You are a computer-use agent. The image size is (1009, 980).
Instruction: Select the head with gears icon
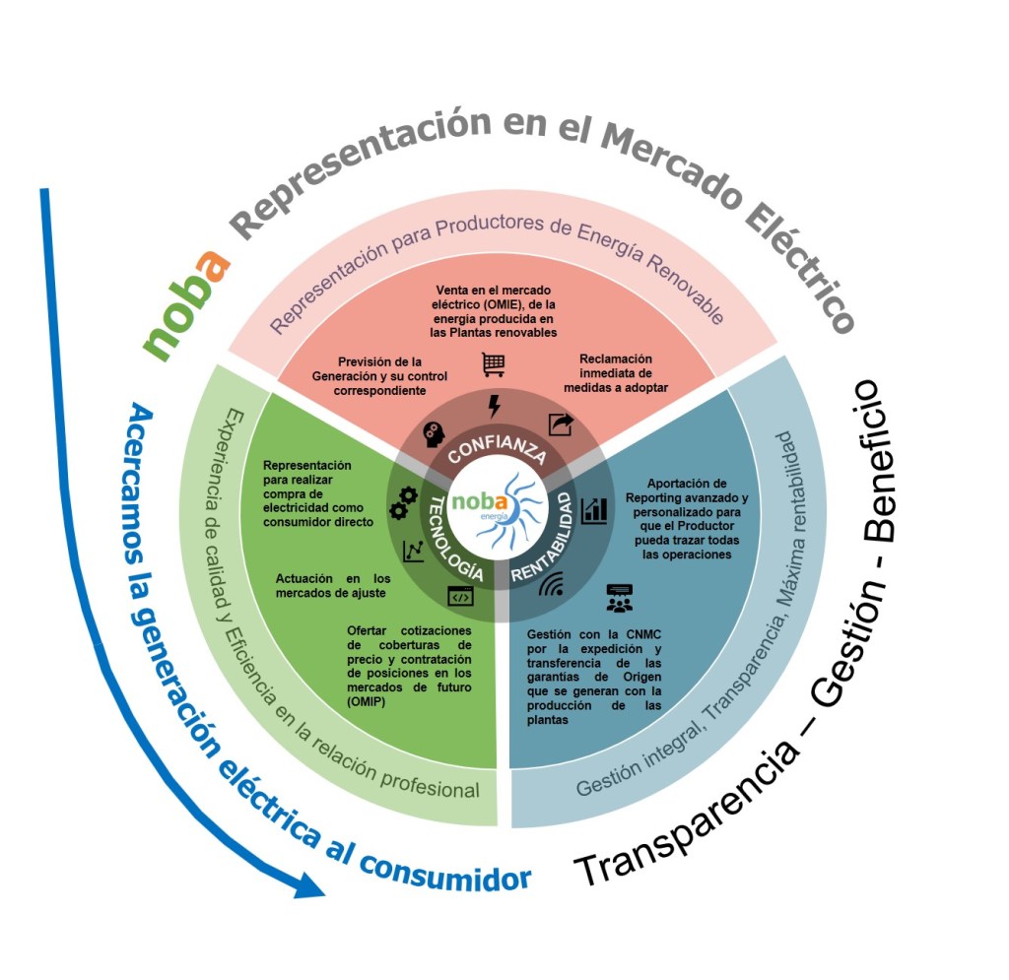[x=435, y=434]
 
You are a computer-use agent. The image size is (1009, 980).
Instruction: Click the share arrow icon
[x=560, y=425]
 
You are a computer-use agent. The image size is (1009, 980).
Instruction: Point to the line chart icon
[x=413, y=551]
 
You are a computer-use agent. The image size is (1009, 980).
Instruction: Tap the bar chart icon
[x=594, y=510]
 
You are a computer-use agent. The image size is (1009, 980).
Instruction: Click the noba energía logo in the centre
[x=497, y=508]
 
